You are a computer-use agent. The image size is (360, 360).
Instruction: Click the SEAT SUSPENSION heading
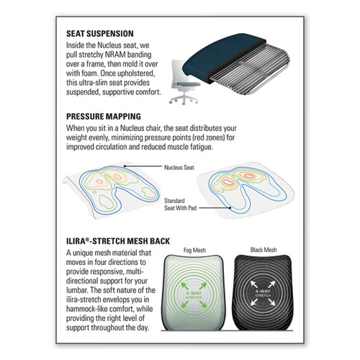tap(100, 34)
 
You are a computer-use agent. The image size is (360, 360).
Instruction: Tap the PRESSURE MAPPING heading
tap(104, 117)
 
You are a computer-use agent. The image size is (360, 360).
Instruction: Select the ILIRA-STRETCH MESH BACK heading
tap(118, 241)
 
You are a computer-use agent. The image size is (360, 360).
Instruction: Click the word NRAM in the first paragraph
tap(115, 55)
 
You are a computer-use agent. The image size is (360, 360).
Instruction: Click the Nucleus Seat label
tap(179, 168)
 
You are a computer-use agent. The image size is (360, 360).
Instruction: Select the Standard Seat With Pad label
tap(180, 204)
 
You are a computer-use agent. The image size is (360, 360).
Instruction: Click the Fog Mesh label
tap(194, 250)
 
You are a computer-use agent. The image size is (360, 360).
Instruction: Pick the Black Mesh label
tap(264, 250)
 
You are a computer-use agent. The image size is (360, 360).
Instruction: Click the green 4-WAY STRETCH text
tap(194, 295)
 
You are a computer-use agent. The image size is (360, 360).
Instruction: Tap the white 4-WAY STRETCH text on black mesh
tap(263, 293)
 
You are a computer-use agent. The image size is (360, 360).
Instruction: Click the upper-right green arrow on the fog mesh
tap(203, 286)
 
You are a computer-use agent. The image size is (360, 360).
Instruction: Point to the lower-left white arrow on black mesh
tap(254, 302)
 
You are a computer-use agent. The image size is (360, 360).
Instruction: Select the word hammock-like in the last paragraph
tap(86, 309)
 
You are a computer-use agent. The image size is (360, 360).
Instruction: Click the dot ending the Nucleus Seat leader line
tap(125, 166)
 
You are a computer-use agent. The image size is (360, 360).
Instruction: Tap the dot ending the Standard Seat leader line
tap(230, 208)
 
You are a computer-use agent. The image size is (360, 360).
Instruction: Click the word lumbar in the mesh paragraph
tap(77, 290)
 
